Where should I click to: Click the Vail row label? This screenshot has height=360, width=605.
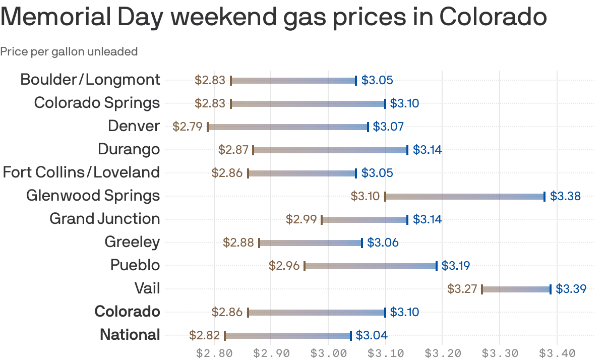[147, 288]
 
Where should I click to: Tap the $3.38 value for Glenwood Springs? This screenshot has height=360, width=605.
[565, 196]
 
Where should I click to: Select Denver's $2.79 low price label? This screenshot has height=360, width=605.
[187, 127]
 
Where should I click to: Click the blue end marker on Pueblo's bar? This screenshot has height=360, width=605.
[437, 266]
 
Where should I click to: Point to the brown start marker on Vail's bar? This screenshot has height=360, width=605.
[482, 289]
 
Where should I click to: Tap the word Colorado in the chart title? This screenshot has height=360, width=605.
[493, 17]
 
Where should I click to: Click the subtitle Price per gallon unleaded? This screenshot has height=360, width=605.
[69, 51]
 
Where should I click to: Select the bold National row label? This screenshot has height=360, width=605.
[130, 335]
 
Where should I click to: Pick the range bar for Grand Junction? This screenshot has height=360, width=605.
[365, 219]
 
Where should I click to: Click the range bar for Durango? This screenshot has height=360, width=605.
[330, 150]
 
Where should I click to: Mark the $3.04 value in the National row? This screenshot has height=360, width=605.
[372, 335]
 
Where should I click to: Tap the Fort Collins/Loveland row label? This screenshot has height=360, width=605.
[81, 172]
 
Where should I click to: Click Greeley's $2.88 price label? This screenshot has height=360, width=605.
[238, 243]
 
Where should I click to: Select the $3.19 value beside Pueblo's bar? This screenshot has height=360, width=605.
[456, 266]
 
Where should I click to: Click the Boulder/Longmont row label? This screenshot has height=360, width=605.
[90, 80]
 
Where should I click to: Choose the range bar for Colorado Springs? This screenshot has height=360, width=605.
[308, 103]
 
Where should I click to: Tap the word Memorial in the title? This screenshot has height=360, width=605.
[52, 17]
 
